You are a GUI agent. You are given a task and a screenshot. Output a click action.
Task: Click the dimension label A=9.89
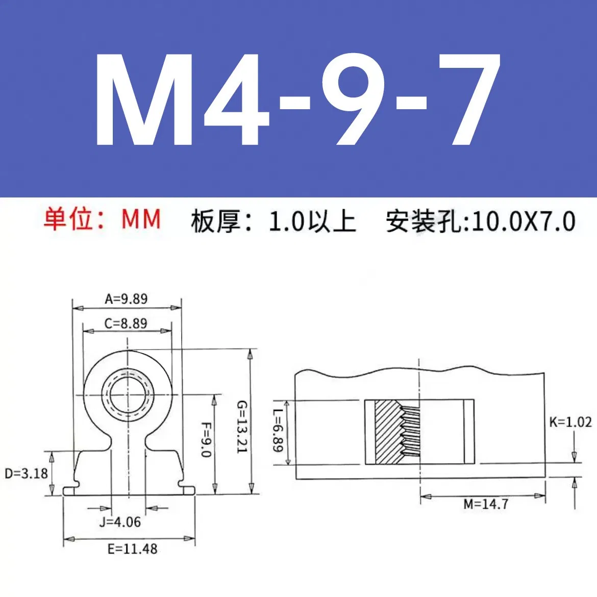pos(126,299)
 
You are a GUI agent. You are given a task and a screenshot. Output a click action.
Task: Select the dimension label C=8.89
pos(126,324)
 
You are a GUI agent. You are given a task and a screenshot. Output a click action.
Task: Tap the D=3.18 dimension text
pos(26,474)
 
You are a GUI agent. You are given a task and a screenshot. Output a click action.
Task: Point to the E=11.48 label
pos(132,549)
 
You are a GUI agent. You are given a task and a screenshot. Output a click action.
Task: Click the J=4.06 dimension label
pos(120,522)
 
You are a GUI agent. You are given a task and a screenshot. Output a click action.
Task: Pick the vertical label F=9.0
pos(206,439)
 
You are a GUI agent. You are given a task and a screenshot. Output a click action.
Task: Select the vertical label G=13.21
pos(241,427)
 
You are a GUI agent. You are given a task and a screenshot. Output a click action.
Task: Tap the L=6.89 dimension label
pos(277,431)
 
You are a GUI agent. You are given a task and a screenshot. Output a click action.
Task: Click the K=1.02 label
pos(570,422)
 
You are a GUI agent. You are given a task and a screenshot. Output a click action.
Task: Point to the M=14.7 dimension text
pos(486,504)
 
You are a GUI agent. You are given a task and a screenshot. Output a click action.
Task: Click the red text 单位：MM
pos(102,219)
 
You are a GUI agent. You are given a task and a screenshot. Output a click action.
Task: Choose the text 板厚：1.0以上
pos(273,221)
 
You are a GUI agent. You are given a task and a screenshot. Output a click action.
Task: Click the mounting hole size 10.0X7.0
pos(524,221)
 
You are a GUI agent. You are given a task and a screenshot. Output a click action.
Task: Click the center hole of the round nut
pos(128,394)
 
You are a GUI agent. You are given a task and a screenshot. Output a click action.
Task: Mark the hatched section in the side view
pos(388,432)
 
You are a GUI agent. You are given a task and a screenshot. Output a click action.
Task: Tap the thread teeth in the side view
pos(410,432)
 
